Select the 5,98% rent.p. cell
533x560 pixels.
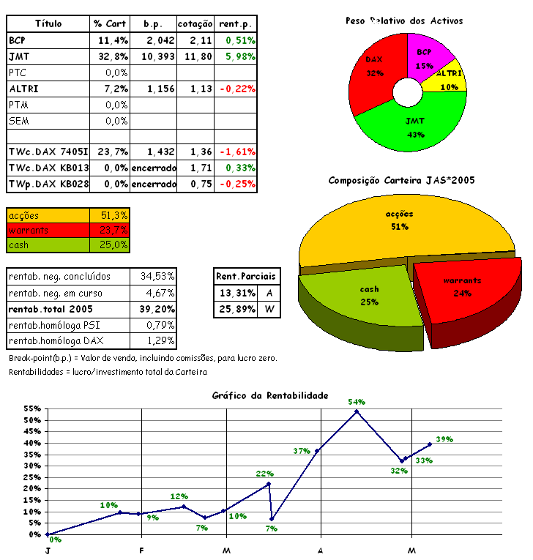(x=236, y=56)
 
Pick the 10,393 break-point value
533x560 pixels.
(x=154, y=56)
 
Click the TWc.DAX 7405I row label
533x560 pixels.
(x=48, y=152)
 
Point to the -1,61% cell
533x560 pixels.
(x=236, y=152)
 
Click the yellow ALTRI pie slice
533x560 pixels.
(x=448, y=78)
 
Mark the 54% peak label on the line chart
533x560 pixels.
(x=357, y=402)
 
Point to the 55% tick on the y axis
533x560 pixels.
(x=31, y=408)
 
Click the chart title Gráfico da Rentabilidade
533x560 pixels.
(x=270, y=395)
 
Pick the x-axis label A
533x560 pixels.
(x=321, y=550)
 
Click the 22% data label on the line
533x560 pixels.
(x=264, y=474)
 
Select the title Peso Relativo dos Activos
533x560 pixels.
(x=404, y=21)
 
